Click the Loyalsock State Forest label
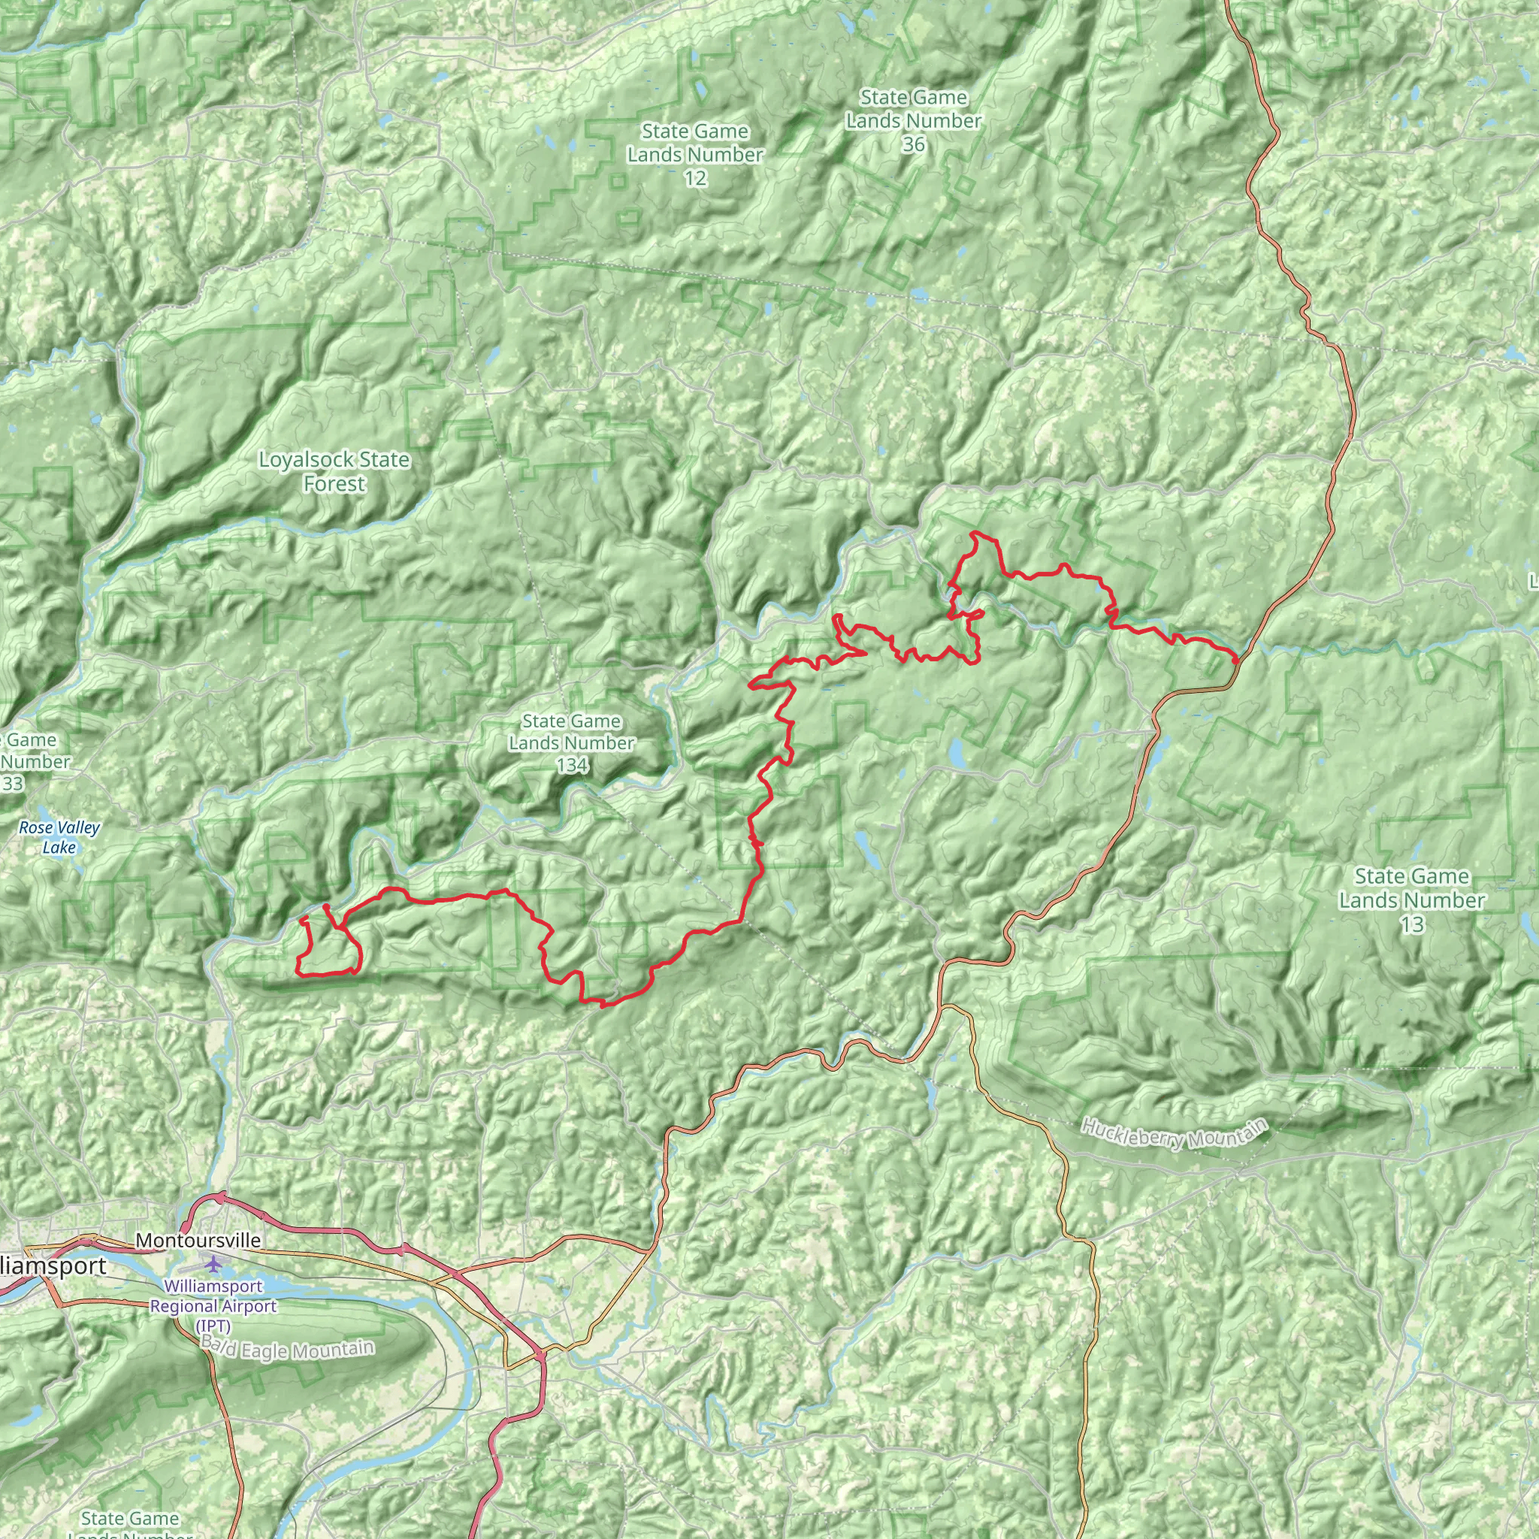334,472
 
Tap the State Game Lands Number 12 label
694,155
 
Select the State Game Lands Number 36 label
914,120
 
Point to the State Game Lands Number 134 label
572,743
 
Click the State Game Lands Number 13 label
1411,900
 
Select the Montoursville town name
198,1240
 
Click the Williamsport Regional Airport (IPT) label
213,1306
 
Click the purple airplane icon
213,1263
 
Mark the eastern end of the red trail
1236,660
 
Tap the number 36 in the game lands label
914,144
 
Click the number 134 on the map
572,766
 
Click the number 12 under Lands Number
694,177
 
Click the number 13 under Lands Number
1411,925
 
